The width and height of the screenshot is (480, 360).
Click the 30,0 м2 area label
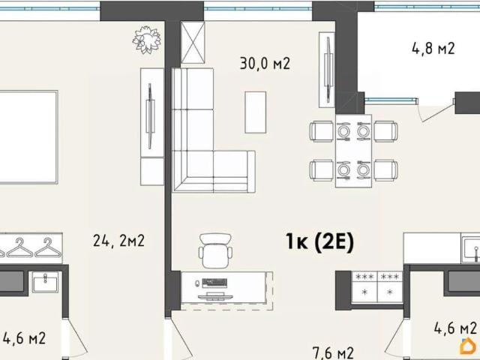(x=265, y=63)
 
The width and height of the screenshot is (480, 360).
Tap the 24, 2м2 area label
(x=118, y=241)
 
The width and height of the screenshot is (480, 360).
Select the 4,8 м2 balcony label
(x=433, y=48)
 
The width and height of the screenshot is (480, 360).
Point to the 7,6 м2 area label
(x=333, y=353)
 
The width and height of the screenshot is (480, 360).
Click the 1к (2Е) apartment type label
(x=320, y=241)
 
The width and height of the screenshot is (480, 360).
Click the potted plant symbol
(x=147, y=40)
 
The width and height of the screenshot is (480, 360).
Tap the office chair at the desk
(x=215, y=250)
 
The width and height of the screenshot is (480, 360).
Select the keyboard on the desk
(x=214, y=283)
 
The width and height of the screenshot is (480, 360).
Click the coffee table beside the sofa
(x=255, y=112)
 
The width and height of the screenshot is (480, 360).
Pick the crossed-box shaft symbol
(x=193, y=43)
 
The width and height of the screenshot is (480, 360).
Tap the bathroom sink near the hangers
(x=45, y=281)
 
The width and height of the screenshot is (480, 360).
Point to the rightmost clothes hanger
(x=47, y=248)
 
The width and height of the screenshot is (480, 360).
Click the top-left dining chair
(x=322, y=132)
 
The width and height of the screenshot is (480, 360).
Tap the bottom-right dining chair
(x=385, y=170)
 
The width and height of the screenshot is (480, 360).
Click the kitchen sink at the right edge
(x=472, y=250)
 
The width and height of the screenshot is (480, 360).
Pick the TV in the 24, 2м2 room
(x=150, y=116)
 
